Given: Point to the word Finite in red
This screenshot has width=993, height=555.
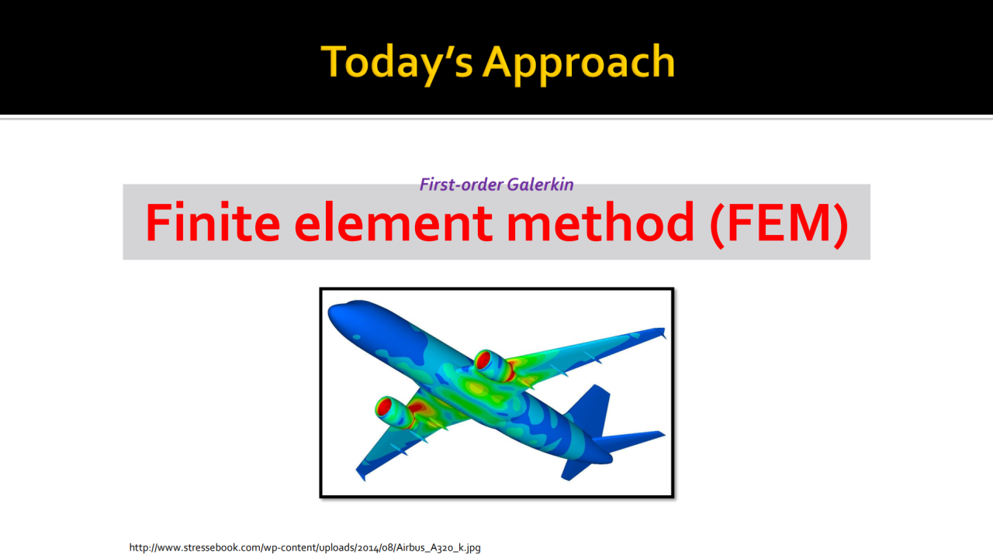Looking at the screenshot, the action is (213, 222).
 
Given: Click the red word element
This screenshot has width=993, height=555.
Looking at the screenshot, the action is (393, 222).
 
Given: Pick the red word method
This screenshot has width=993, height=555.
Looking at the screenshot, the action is (600, 222).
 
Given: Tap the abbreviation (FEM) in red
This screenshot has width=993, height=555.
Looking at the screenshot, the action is (779, 224).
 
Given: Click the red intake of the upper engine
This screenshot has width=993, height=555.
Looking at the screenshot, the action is (483, 360).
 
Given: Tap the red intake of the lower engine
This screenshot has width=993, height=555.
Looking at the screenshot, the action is (384, 407).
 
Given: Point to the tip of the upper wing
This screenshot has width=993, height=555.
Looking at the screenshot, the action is (663, 332).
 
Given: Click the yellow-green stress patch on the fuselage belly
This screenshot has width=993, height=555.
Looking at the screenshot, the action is (476, 389).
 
